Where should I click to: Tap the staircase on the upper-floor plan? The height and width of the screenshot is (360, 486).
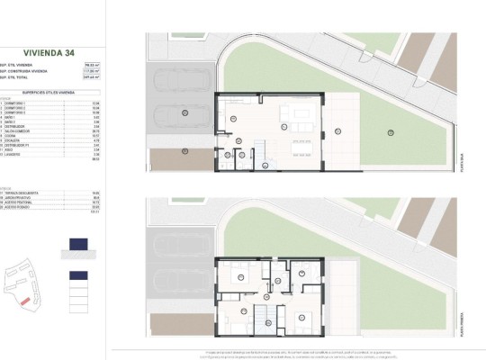coord(265,315)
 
